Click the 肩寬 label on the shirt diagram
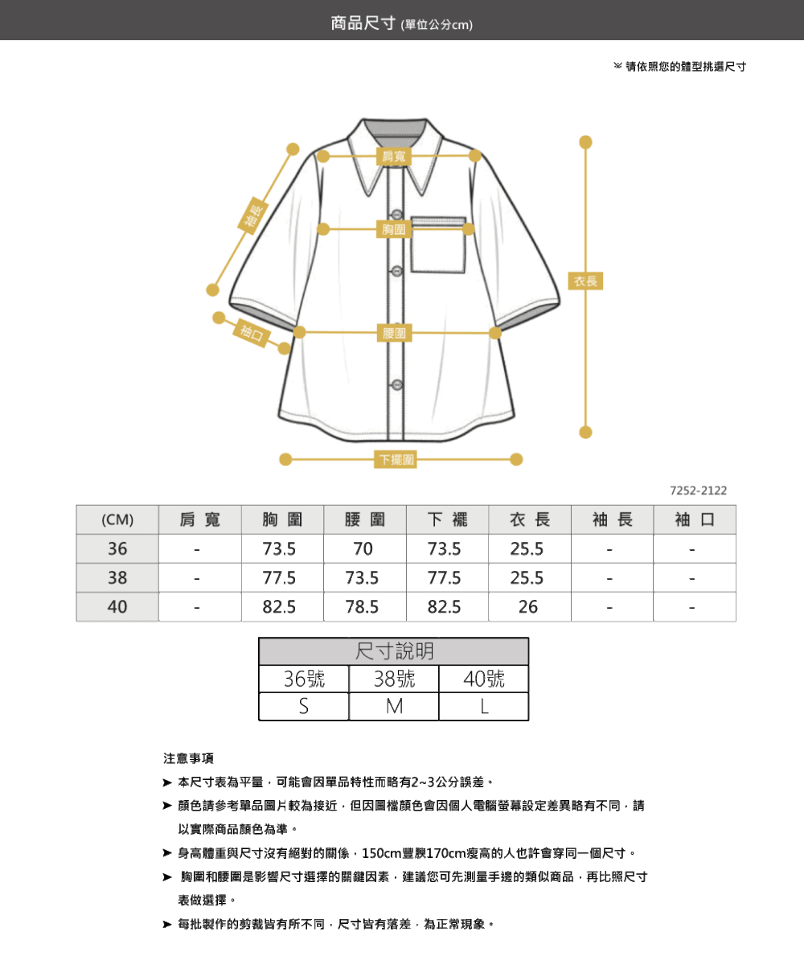coord(394,156)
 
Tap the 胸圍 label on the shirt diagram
coord(394,229)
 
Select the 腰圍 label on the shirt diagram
coord(395,333)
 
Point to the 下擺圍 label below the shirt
coord(396,459)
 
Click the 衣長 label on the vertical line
coord(585,281)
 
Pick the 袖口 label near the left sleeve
coord(252,333)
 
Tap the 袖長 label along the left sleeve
coord(253,216)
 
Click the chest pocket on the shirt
coord(438,244)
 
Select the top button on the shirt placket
coord(397,215)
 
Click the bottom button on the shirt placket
coord(397,384)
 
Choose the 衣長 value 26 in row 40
coord(529,606)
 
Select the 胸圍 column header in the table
coord(282,519)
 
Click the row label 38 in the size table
coord(117,577)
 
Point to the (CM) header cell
coord(117,519)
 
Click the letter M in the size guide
coord(394,707)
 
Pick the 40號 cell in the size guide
coord(484,679)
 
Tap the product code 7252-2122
coord(698,491)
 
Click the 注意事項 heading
coord(188,758)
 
